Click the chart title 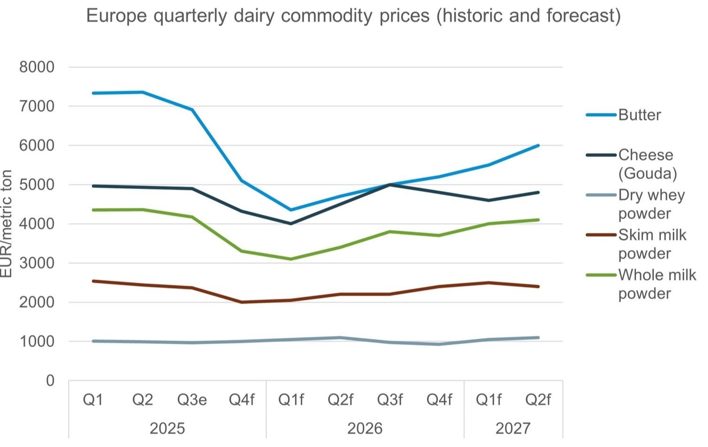[354, 16]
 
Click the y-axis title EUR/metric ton [7, 224]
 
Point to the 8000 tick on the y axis [37, 67]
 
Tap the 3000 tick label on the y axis [37, 263]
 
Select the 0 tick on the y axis [50, 381]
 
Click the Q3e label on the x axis [192, 400]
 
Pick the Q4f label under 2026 [439, 400]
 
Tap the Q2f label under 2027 [538, 400]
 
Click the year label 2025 [167, 429]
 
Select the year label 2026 [365, 429]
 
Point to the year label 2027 [513, 429]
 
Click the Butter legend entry [639, 115]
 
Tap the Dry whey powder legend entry [651, 204]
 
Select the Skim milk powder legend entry [652, 244]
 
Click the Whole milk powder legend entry [657, 284]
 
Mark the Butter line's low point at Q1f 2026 [291, 210]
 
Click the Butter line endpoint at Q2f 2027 [538, 146]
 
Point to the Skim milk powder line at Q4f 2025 [241, 302]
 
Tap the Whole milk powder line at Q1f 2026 [291, 259]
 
